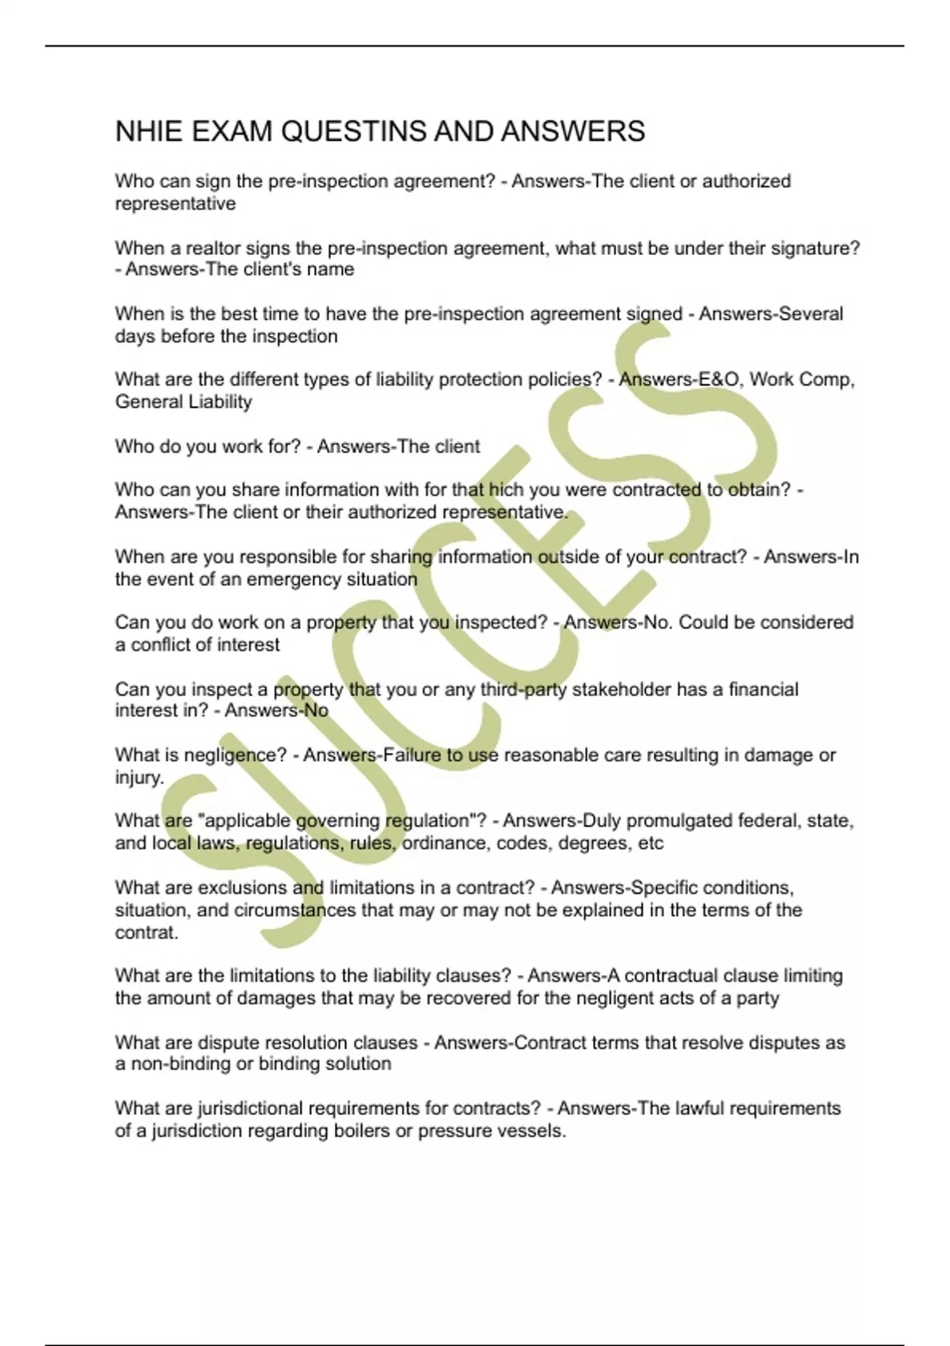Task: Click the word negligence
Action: [235, 755]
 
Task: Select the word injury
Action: [138, 778]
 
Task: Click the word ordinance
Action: [446, 843]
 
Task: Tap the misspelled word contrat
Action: [146, 933]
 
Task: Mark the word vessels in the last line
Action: [531, 1131]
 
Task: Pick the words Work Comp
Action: [800, 380]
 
